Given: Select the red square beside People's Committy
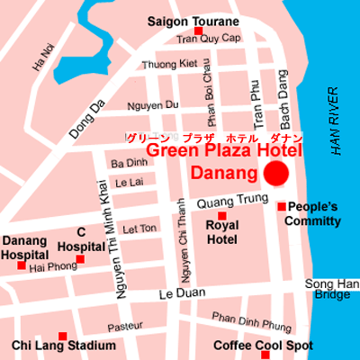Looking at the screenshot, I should coord(282,207).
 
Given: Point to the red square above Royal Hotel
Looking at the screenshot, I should coord(221,215).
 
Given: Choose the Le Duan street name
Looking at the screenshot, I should coord(177,294).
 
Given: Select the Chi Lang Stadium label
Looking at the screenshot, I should coord(63,346).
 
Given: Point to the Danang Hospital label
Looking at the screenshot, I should coord(24,247).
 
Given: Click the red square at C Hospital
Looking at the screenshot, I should coord(80,259).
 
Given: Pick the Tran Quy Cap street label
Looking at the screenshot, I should coord(208,39).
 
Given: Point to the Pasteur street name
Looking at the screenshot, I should coord(125,327).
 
